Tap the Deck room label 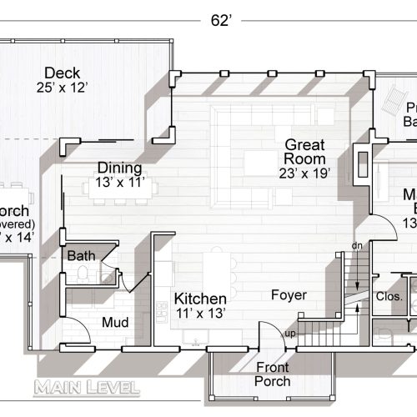pos(62,73)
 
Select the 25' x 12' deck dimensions pos(62,87)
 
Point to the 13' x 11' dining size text pos(120,180)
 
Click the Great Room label pos(304,151)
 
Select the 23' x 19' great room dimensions pos(305,173)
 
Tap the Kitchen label pos(200,299)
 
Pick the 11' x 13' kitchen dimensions pos(200,314)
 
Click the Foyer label pos(289,295)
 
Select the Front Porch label pos(273,374)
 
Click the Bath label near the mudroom pos(81,255)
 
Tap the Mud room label pos(114,321)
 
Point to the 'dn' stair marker pos(357,246)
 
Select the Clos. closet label pos(389,296)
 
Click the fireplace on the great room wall pos(359,167)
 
